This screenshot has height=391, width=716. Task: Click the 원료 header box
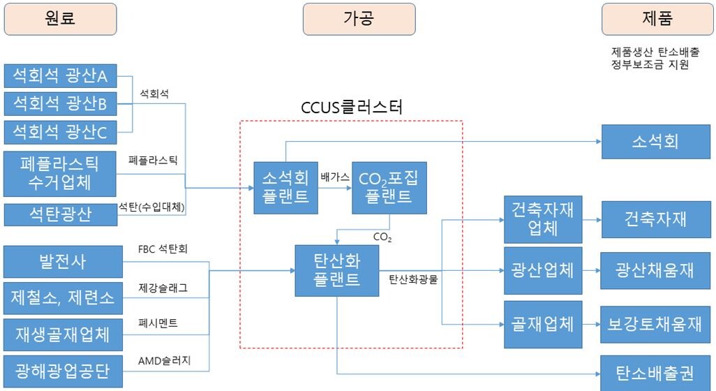click(x=60, y=19)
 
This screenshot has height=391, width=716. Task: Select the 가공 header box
click(x=359, y=19)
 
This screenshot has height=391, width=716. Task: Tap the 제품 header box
click(x=657, y=19)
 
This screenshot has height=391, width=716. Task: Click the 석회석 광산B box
click(x=60, y=104)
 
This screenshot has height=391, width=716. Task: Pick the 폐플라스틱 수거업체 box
click(x=60, y=175)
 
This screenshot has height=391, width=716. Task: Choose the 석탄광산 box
click(x=60, y=214)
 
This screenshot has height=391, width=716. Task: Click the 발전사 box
click(x=61, y=262)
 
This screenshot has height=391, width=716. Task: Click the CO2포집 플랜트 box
click(x=389, y=186)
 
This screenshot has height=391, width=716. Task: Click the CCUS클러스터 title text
click(x=352, y=108)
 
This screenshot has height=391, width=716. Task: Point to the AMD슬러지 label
click(x=165, y=360)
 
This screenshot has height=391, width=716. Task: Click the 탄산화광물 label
click(x=414, y=279)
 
